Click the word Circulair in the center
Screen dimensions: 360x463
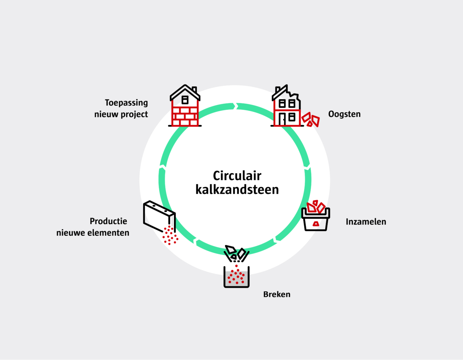click(x=237, y=176)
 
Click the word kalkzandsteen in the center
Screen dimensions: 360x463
click(x=237, y=190)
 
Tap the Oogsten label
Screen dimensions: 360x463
click(x=344, y=114)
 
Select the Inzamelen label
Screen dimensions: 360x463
click(x=366, y=222)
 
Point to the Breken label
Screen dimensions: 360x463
click(x=277, y=294)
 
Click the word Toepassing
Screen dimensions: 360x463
click(x=126, y=103)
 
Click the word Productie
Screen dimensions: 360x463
click(x=108, y=221)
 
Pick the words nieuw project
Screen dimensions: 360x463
click(x=121, y=115)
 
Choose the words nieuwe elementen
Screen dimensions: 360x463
click(x=93, y=233)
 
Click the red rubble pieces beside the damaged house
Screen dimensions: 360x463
click(x=311, y=120)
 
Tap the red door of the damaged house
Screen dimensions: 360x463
click(x=283, y=119)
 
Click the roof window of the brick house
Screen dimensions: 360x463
click(x=185, y=100)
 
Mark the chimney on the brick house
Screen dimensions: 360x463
click(x=194, y=90)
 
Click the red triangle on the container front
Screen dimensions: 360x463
click(x=316, y=223)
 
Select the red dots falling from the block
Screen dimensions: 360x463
click(x=170, y=235)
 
